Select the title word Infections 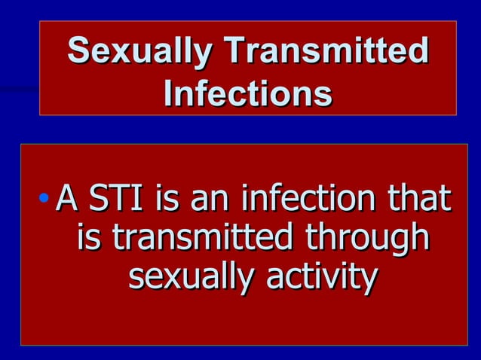coord(247,95)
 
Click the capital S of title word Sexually coord(78,52)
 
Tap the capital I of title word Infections coord(168,95)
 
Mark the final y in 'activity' coord(366,281)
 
